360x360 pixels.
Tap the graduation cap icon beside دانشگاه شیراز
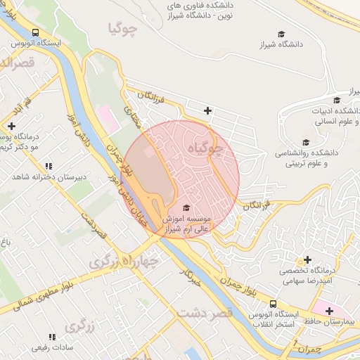[x=281, y=34]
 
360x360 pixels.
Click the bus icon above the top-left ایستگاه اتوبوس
[x=35, y=32]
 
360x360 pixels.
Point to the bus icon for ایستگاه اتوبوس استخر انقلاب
[x=273, y=303]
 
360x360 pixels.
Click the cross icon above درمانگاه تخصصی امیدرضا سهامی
[x=307, y=260]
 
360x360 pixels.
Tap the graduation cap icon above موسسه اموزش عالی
[x=186, y=207]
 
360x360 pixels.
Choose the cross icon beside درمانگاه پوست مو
[x=11, y=127]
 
